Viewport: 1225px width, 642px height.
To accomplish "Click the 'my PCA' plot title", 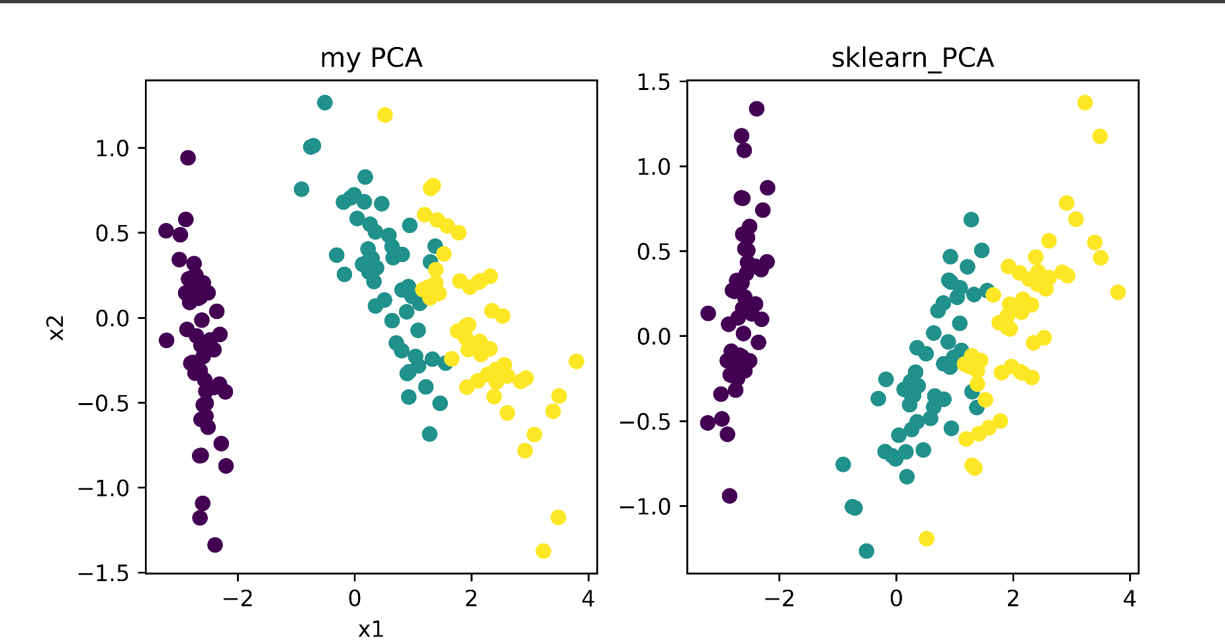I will [371, 58].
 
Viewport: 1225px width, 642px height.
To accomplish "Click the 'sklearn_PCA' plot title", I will [912, 58].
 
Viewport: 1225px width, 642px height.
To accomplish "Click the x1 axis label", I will [371, 628].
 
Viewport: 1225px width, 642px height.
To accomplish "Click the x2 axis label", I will [58, 328].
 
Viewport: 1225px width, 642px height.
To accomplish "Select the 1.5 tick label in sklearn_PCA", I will [653, 82].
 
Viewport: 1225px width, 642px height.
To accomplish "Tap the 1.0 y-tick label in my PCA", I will [112, 148].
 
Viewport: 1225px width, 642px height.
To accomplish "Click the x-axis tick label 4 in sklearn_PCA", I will [1129, 599].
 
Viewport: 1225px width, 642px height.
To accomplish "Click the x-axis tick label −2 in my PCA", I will [238, 599].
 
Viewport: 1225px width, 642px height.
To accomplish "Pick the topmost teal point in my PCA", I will [324, 103].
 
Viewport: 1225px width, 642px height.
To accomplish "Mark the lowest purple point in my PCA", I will [215, 545].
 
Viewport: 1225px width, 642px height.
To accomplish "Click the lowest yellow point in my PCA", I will [543, 551].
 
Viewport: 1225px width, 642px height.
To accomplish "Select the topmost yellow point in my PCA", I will [385, 115].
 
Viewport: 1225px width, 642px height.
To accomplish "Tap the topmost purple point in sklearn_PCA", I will [756, 109].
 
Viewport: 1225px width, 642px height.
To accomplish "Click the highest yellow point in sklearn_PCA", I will [1085, 103].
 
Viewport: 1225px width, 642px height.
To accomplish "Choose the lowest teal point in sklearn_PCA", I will [866, 551].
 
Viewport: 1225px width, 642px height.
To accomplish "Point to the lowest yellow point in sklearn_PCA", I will [927, 538].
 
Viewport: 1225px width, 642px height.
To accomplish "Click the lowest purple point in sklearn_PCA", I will [729, 496].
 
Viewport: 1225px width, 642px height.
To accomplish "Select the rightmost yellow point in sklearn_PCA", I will [1118, 292].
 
